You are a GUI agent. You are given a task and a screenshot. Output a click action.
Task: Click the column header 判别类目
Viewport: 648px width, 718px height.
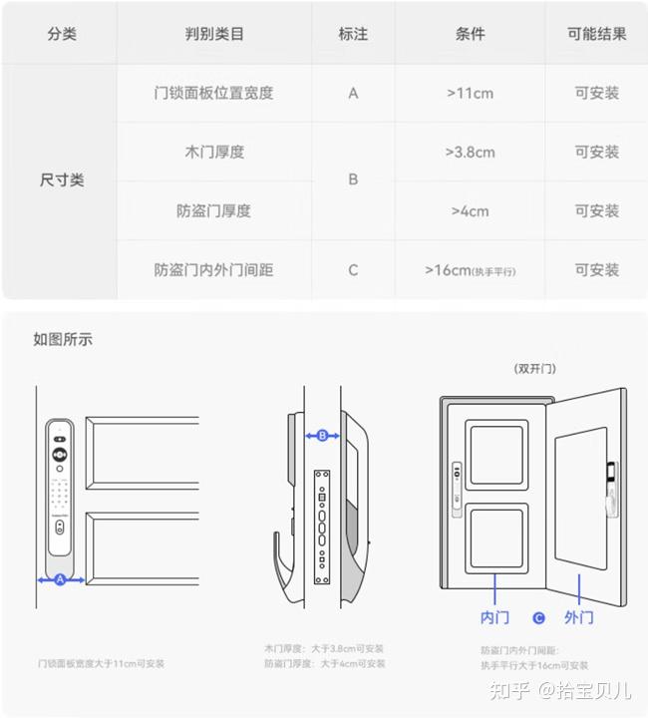pos(214,34)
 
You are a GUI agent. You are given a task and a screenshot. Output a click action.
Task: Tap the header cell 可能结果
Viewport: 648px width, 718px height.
pos(596,34)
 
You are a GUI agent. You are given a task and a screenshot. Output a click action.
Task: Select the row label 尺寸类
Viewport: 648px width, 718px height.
pos(62,180)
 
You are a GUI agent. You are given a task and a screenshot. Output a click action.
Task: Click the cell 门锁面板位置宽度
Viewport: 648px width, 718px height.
pos(214,93)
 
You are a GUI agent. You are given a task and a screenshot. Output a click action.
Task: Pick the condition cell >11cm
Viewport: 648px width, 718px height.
pos(470,93)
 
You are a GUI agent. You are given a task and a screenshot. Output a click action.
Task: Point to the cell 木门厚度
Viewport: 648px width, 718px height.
pos(214,152)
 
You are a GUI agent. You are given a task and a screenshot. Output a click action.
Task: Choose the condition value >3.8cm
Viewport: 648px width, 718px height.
pos(470,152)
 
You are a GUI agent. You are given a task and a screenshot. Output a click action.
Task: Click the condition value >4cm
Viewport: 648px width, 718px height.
pos(470,210)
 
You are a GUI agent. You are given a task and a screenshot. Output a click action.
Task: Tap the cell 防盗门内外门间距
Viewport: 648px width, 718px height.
pos(214,269)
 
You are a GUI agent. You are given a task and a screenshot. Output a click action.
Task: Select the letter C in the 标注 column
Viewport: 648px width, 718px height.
pos(353,269)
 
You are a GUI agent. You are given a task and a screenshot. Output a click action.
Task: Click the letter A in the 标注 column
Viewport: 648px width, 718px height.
pos(353,93)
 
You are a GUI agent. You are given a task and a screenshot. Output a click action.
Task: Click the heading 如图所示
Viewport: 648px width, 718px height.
pos(63,339)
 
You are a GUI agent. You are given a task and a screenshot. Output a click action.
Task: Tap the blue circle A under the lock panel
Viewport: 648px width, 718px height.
pos(60,579)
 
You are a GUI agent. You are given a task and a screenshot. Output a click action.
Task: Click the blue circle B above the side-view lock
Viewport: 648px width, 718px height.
pos(322,435)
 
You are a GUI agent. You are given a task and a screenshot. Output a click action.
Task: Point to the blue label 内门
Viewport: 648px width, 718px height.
pos(494,617)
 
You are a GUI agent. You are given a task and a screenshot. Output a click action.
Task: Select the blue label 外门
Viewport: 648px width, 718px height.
pos(579,617)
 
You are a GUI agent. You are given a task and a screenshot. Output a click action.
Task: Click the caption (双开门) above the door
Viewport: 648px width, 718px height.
pos(534,368)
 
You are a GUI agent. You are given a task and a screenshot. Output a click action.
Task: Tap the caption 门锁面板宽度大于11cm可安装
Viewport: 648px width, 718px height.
pos(101,663)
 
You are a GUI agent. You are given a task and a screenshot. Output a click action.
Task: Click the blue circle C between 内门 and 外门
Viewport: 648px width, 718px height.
pos(538,618)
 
